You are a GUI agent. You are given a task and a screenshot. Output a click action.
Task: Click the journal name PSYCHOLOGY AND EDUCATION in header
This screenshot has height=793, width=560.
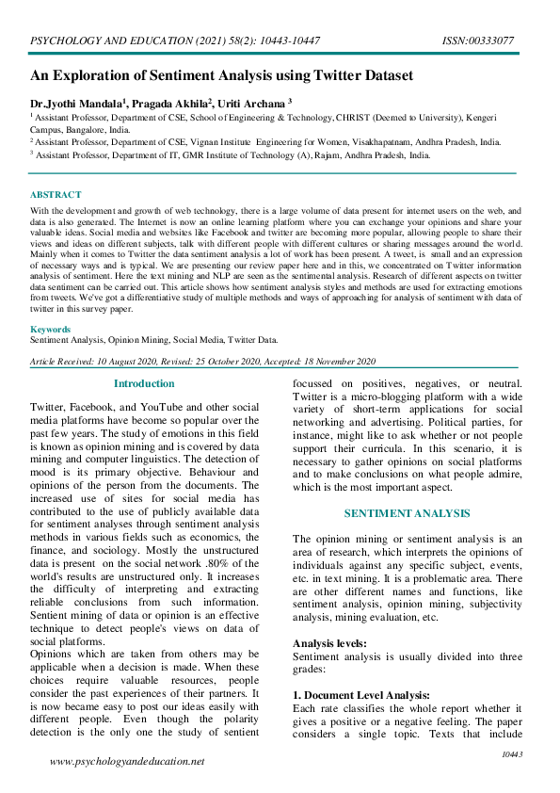[x=103, y=40]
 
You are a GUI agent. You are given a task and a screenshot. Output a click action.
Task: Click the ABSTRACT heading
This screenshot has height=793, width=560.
[x=56, y=195]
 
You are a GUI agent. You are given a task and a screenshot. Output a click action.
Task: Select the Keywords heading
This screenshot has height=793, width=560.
[x=50, y=330]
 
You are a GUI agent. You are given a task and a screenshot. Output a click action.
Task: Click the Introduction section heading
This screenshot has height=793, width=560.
[x=144, y=383]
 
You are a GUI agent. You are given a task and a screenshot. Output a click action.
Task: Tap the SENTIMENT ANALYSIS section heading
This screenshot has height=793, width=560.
[x=406, y=513]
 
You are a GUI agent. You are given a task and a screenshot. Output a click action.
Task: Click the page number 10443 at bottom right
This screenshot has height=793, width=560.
[x=512, y=754]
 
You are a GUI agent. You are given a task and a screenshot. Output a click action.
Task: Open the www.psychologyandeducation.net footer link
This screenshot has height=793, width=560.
[x=126, y=761]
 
